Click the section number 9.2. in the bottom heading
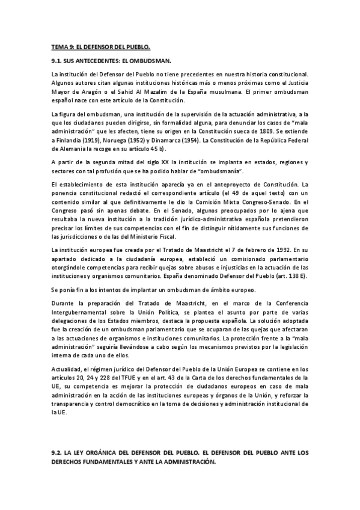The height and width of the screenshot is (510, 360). (58, 452)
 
